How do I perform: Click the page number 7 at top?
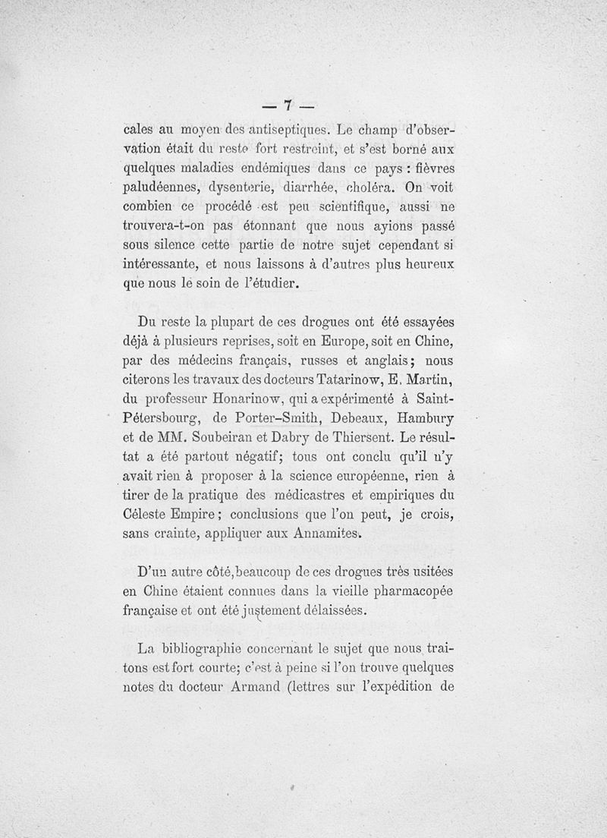(288, 105)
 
